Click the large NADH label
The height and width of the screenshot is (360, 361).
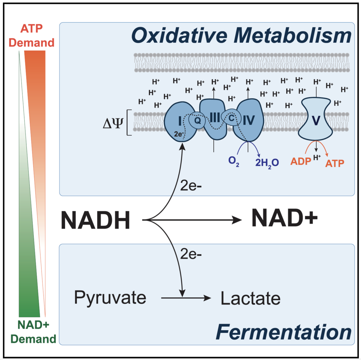click(x=96, y=221)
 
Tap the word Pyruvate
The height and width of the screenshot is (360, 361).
click(x=110, y=298)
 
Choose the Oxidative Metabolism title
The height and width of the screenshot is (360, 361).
click(x=242, y=36)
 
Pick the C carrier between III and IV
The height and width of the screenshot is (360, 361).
click(x=231, y=118)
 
